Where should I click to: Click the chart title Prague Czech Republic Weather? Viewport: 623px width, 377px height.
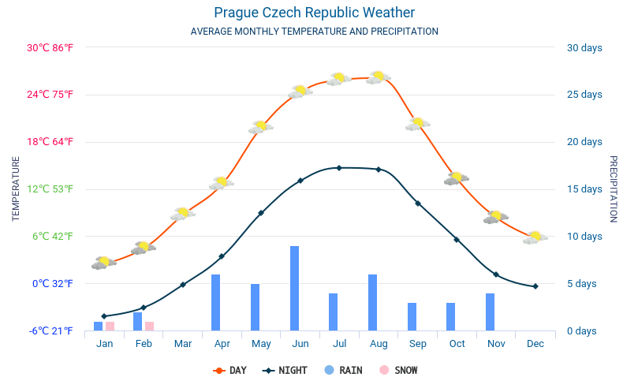coord(314,13)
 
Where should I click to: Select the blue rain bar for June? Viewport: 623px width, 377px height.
coord(294,288)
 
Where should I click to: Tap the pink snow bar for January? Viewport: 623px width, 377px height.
coord(110,326)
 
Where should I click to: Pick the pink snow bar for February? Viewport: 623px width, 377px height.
coord(149,326)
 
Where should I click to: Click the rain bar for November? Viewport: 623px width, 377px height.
coord(490,312)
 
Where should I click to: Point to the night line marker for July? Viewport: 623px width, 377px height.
coord(339,168)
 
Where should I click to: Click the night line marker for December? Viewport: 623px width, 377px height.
coord(535,286)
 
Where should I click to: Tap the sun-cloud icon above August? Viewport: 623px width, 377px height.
coord(379,77)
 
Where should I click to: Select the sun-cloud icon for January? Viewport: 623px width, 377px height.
coord(103,263)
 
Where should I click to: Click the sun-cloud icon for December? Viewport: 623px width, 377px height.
coord(535,237)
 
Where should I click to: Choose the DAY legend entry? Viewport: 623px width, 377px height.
coord(230,370)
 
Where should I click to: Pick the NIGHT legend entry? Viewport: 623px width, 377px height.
coord(286,370)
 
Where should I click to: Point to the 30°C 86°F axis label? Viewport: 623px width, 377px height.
coord(50,47)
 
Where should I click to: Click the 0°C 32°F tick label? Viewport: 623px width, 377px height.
coord(52,283)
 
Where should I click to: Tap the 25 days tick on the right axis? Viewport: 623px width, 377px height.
coord(584,95)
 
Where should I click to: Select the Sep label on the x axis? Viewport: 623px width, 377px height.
coord(418,344)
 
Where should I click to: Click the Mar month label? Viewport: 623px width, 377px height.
coord(183,344)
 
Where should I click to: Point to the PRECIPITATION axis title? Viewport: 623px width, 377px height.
coord(614,188)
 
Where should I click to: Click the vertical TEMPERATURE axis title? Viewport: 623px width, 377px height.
coord(16,188)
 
